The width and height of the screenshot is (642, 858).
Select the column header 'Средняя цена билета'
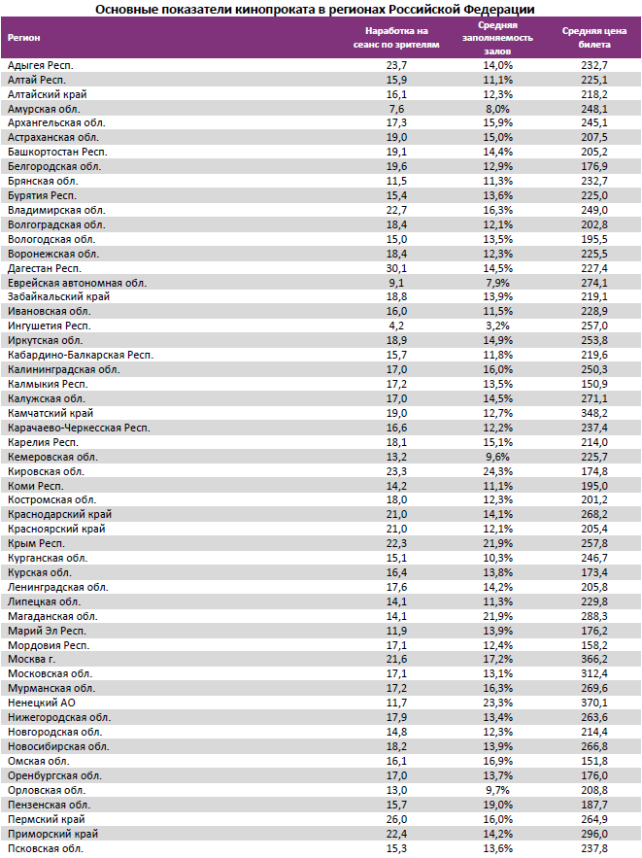(593, 38)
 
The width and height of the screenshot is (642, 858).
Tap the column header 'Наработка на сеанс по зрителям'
(395, 38)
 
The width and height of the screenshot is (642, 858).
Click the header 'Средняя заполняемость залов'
(497, 38)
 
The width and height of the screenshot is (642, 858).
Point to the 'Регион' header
(24, 38)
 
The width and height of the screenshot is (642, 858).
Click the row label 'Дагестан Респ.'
(45, 268)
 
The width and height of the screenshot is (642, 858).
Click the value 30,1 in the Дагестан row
(395, 268)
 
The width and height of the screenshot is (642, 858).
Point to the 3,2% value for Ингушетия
(497, 326)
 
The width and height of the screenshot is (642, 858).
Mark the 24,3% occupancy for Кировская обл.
(497, 471)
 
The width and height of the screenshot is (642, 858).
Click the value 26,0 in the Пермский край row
(395, 819)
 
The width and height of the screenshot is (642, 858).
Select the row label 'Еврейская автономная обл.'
(77, 283)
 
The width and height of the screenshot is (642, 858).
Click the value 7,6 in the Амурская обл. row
(395, 109)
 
